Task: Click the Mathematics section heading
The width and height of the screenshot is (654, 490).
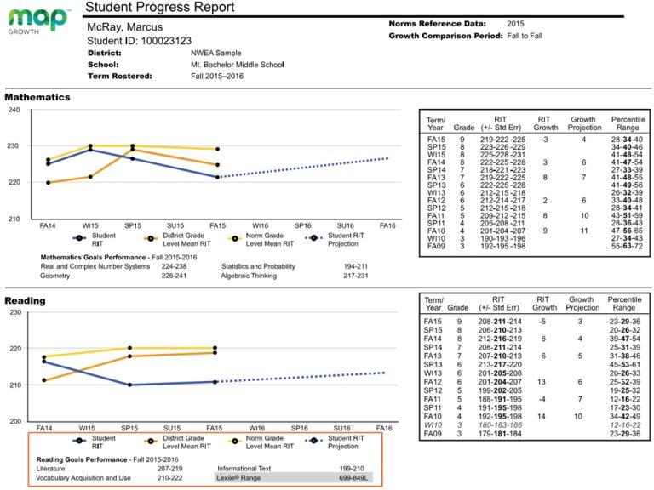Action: click(37, 97)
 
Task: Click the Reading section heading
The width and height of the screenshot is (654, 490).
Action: click(26, 300)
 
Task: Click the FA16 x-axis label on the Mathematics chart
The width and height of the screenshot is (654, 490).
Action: click(387, 226)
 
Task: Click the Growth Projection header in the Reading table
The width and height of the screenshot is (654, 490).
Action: click(582, 305)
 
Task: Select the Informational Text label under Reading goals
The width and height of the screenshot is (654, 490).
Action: click(248, 468)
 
